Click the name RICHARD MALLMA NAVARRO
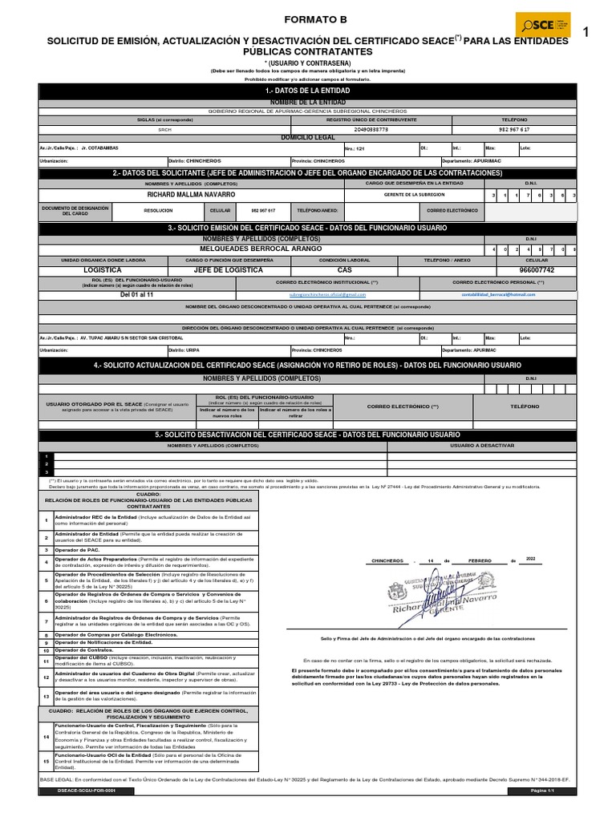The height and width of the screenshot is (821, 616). click(x=191, y=195)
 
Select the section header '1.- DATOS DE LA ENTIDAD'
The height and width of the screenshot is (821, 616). click(x=307, y=91)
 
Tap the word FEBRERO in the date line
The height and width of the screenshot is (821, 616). click(x=481, y=560)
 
